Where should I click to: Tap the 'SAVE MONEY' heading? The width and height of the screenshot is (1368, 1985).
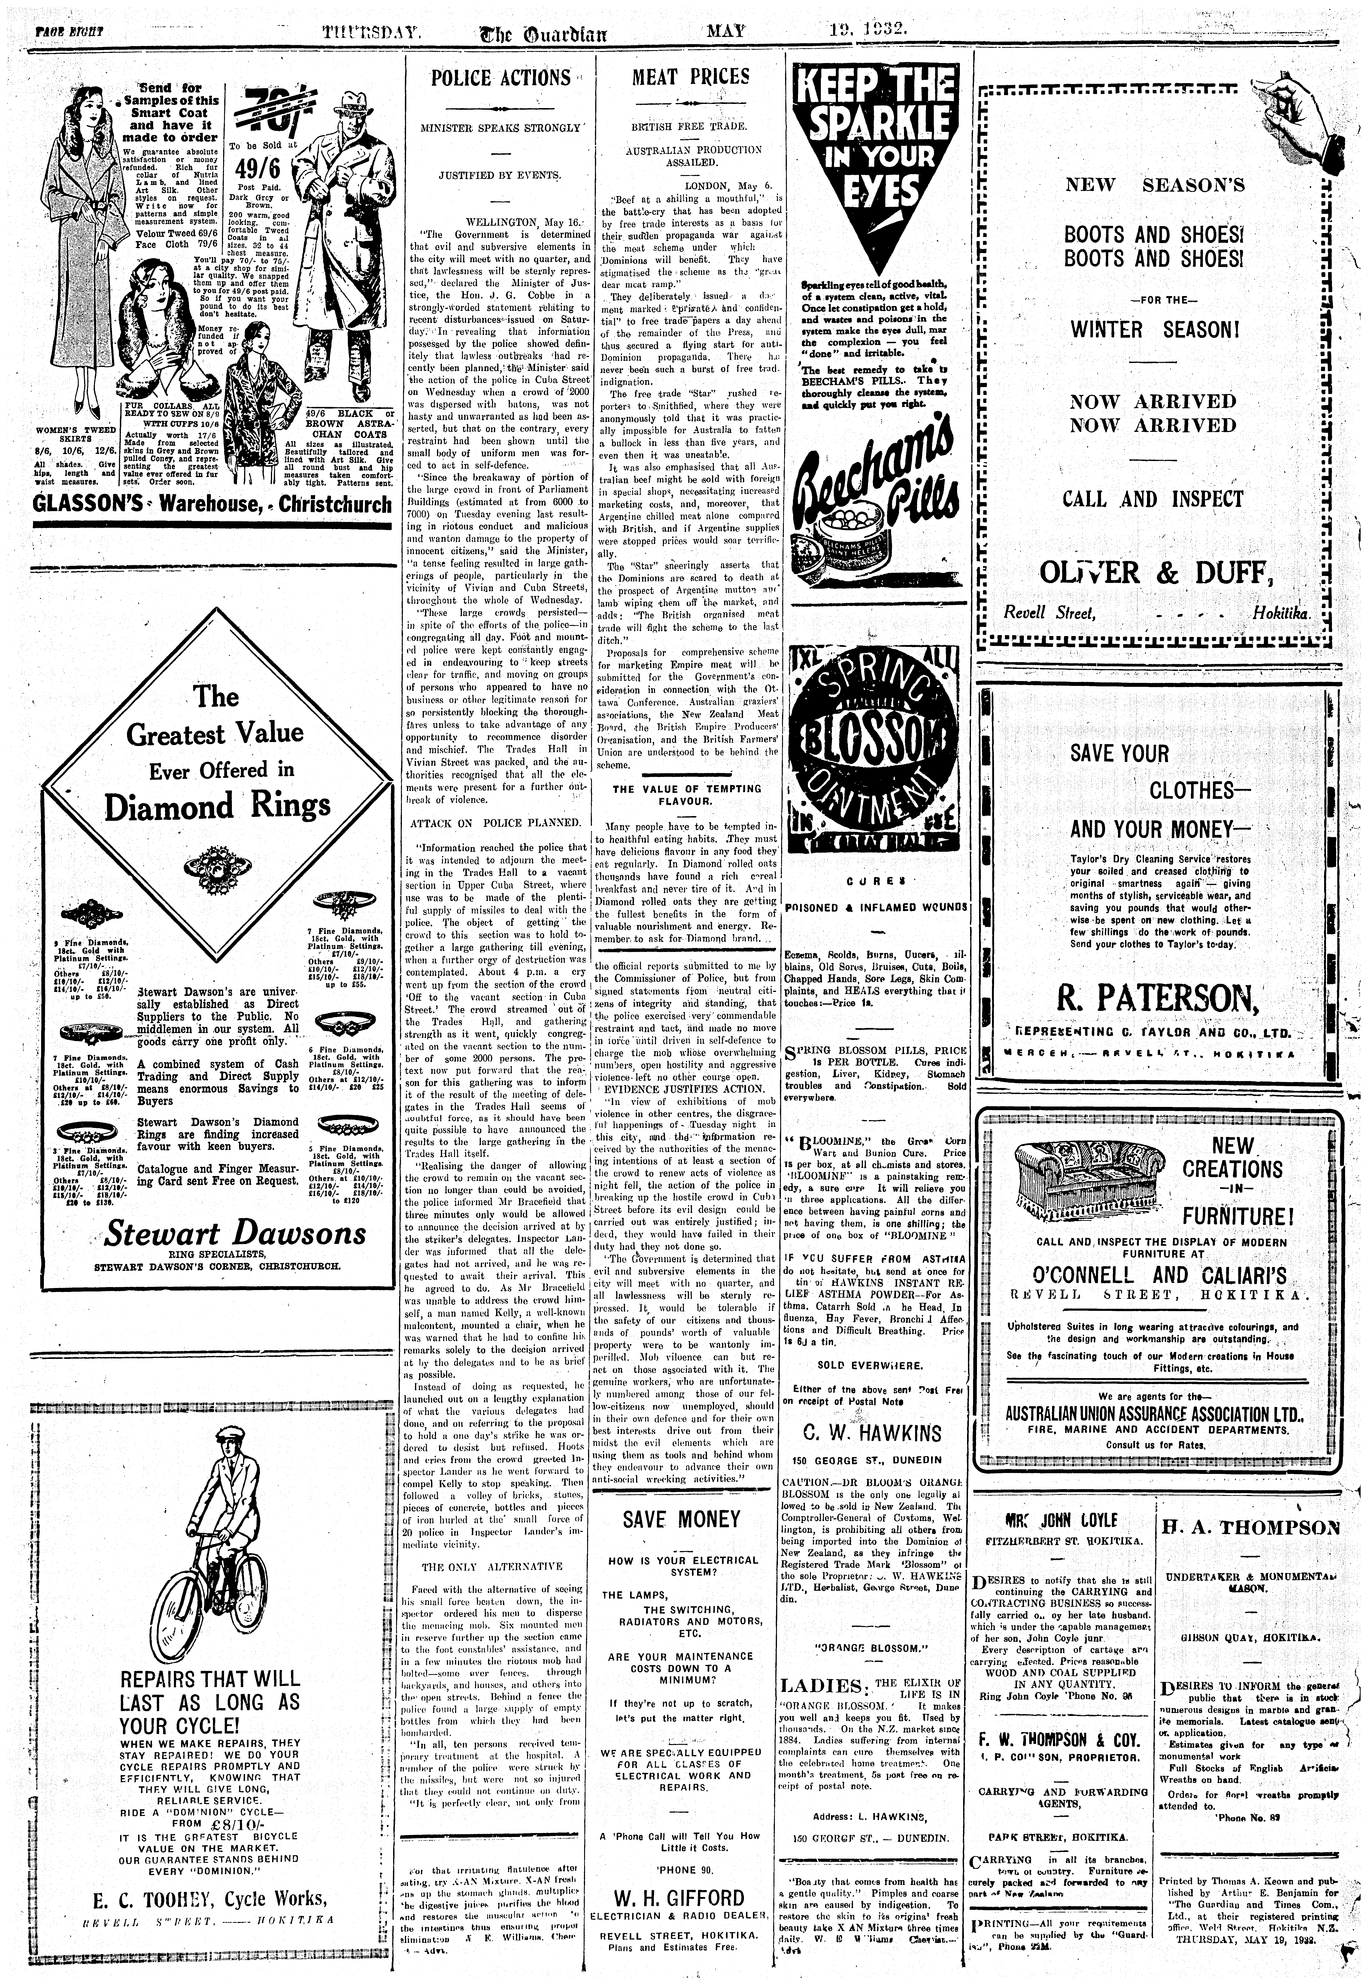[681, 1519]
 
